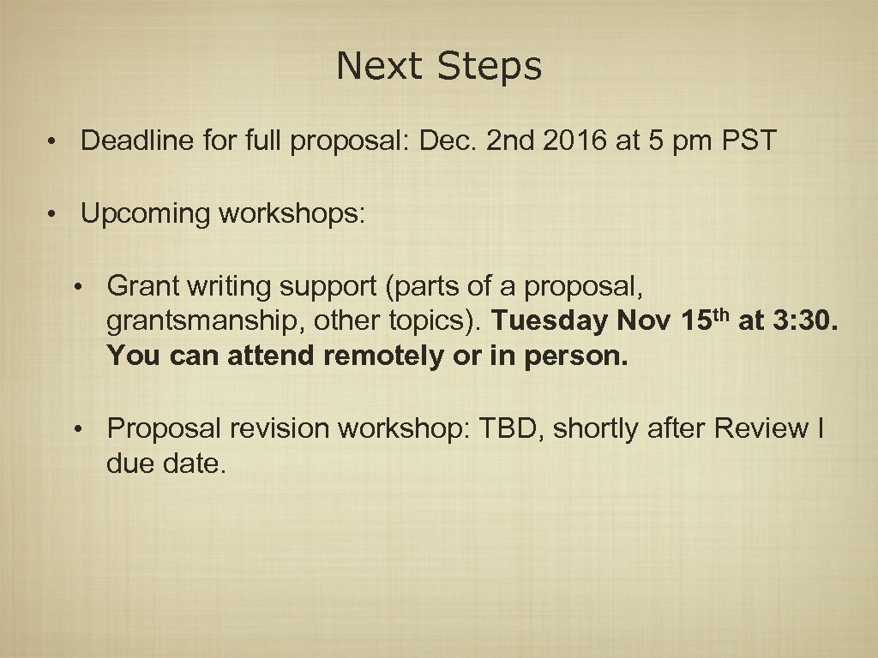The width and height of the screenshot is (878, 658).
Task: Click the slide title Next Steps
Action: click(439, 66)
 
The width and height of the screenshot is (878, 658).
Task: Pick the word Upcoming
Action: click(145, 213)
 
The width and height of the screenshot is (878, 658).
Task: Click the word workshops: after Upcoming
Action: click(292, 213)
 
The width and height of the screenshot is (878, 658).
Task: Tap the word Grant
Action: click(139, 284)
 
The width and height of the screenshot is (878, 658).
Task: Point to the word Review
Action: click(761, 428)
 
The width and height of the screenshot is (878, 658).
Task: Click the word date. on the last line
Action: click(196, 464)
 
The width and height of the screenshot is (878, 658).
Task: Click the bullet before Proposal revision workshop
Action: click(78, 428)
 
